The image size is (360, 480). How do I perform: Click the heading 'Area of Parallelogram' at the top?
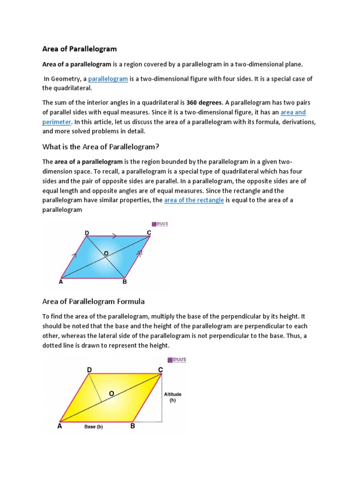(x=79, y=49)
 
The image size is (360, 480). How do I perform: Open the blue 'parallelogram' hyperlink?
(x=108, y=79)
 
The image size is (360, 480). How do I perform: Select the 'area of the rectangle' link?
(x=194, y=200)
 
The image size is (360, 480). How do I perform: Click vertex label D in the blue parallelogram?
(x=87, y=232)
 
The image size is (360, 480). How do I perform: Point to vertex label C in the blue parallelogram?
(x=149, y=232)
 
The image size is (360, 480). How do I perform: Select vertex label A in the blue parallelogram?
(x=60, y=282)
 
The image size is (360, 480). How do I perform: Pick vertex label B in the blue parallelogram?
(x=124, y=282)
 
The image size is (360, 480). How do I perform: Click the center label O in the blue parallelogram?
(x=106, y=253)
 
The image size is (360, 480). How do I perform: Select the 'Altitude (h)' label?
(x=173, y=397)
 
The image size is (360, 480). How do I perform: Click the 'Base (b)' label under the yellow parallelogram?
(x=93, y=427)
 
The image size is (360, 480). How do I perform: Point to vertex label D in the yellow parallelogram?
(x=89, y=370)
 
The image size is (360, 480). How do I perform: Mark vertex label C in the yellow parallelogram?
(x=160, y=370)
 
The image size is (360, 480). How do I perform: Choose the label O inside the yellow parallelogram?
(x=111, y=394)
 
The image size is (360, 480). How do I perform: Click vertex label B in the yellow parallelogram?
(x=133, y=427)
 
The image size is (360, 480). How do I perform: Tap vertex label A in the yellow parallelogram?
(x=60, y=427)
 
